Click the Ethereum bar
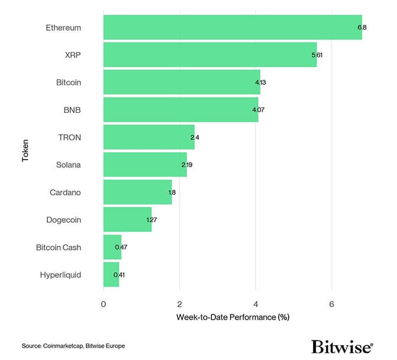pos(233,27)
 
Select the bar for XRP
pos(210,54)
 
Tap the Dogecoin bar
pos(127,219)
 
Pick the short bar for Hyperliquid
pos(111,274)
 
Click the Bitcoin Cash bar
pos(112,247)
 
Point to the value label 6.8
pos(362,27)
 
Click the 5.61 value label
pos(317,55)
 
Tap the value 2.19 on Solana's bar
pos(187,164)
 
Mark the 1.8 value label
pos(172,192)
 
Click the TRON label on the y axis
pos(70,137)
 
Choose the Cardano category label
pos(65,192)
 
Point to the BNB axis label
pos(72,110)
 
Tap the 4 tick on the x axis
pos(256,304)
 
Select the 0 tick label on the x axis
pos(104,304)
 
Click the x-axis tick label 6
pos(331,304)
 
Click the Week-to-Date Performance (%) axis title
pos(233,317)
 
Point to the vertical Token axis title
pos(25,151)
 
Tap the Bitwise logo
pos(342,346)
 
